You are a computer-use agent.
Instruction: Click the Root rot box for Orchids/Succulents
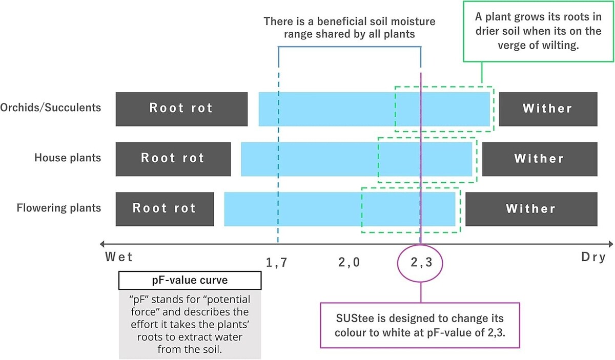pos(181,109)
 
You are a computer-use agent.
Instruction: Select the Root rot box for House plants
pos(173,158)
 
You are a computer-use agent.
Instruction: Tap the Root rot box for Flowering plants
pos(165,208)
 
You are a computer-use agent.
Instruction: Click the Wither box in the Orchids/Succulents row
pos(548,109)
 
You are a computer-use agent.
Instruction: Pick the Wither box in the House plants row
pos(540,158)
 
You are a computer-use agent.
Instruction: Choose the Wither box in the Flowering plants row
pos(531,208)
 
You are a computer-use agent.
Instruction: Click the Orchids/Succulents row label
pos(51,108)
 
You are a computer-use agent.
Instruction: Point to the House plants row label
pos(68,158)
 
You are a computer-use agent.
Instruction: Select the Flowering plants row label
pos(59,208)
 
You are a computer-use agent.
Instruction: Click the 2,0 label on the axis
pos(349,263)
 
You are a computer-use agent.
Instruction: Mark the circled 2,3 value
pos(421,263)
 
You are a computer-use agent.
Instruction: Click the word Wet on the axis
pos(119,257)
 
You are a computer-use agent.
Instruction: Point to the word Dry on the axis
pos(593,257)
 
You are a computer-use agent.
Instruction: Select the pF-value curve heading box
pos(190,281)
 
